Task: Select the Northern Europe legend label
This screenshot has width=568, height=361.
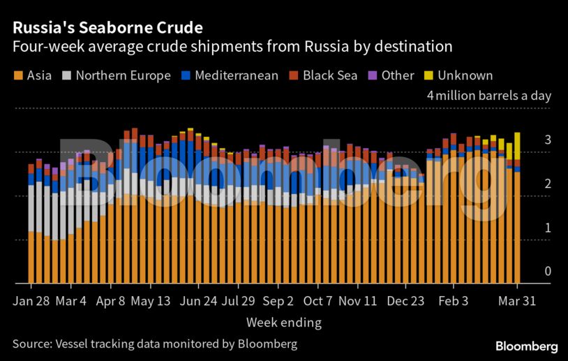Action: coord(123,75)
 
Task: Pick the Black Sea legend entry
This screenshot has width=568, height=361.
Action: coord(329,75)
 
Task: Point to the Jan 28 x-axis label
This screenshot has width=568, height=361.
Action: coord(31,301)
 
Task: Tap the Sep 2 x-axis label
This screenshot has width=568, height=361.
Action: coord(278,301)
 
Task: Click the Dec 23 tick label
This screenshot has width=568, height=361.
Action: coord(406,301)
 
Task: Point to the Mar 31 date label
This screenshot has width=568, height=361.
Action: coord(517,301)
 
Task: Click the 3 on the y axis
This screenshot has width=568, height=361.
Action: coord(548,140)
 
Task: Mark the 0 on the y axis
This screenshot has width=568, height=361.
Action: coord(548,272)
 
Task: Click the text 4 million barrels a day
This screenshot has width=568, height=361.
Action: coord(489,96)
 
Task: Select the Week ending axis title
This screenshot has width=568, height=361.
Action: coord(283,323)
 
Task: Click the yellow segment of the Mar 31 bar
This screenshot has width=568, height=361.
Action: coord(517,145)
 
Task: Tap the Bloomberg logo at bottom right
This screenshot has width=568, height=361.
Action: coord(527,346)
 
